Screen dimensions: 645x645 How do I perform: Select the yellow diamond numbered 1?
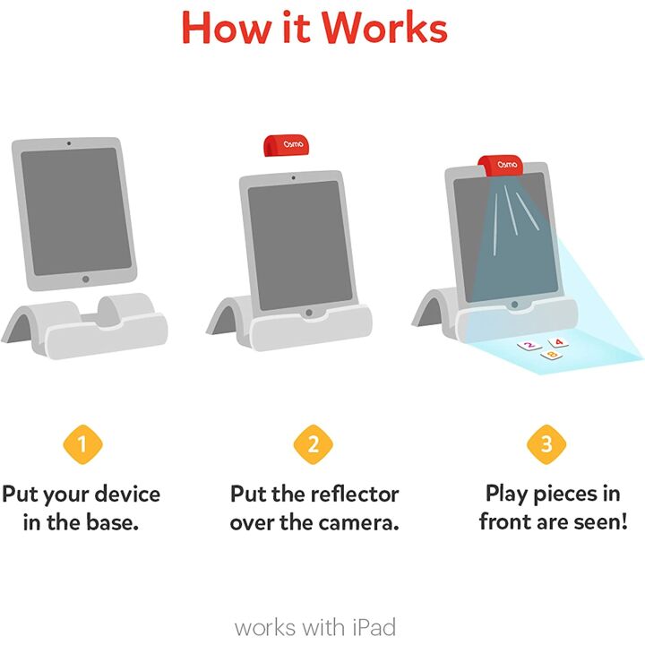point(82,443)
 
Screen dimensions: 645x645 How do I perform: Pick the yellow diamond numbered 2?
point(314,443)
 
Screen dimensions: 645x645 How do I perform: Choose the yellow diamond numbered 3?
point(546,443)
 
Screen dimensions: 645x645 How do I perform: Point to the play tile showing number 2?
point(529,345)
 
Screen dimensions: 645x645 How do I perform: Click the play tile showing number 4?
point(558,341)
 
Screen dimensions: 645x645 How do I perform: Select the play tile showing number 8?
point(551,357)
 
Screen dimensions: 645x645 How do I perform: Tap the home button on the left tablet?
point(85,279)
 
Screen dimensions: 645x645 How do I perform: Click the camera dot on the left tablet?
point(69,144)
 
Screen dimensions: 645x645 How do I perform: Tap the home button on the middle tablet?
point(309,314)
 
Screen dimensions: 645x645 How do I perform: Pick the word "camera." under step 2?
point(352,522)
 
